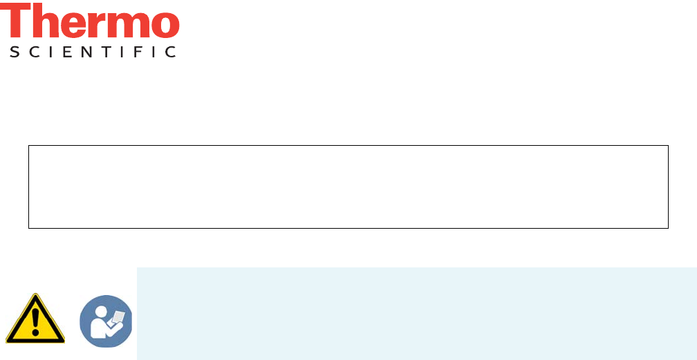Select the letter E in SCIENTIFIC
(66, 52)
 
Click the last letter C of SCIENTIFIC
(171, 52)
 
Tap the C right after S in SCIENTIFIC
(32, 52)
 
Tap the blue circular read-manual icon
(106, 321)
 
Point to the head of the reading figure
(101, 309)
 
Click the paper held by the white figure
(118, 317)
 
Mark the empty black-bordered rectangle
(348, 187)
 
